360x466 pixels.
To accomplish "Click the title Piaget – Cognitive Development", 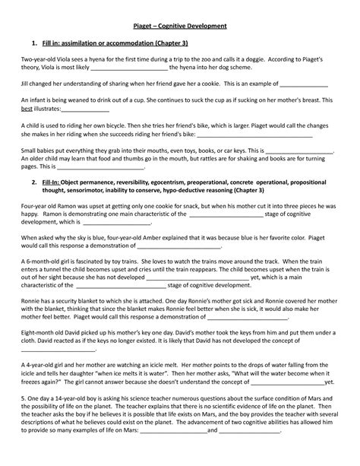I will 180,27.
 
